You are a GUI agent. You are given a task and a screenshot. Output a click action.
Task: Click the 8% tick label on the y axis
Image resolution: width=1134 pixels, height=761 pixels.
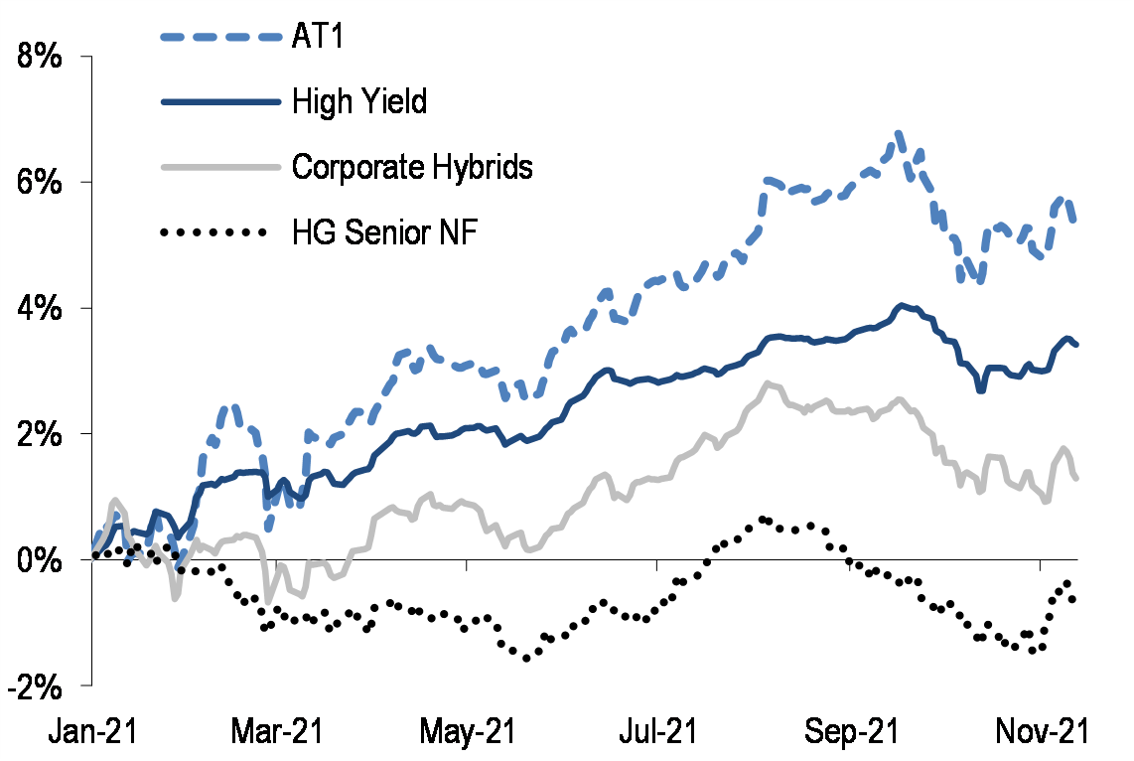(x=43, y=57)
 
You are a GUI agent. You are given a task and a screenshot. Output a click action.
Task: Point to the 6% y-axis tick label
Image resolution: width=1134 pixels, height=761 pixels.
(x=43, y=183)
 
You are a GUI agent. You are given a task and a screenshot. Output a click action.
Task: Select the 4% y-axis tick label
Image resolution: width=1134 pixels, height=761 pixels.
(x=43, y=308)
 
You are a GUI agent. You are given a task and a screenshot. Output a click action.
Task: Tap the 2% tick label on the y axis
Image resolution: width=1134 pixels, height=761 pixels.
(x=43, y=434)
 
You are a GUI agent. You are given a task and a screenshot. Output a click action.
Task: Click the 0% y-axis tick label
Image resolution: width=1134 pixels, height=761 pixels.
(x=43, y=559)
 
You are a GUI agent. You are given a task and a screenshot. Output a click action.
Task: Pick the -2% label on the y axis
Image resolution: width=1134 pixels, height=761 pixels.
(x=38, y=685)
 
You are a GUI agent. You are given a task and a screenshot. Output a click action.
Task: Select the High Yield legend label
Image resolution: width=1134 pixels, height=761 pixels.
(x=359, y=101)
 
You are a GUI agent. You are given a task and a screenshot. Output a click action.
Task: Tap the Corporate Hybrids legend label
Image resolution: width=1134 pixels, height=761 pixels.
(x=412, y=166)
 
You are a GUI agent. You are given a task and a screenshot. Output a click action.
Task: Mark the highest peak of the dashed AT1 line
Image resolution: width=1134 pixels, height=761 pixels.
(x=899, y=133)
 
